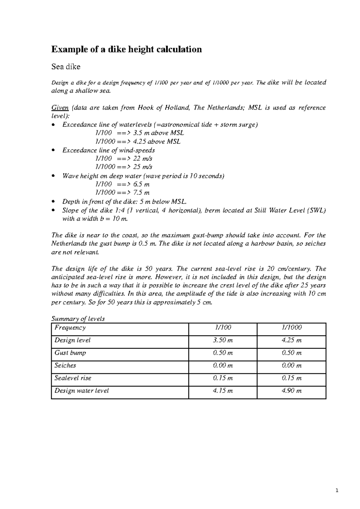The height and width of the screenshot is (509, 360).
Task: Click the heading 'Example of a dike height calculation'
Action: point(126,49)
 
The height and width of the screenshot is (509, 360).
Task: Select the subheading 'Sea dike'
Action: point(66,67)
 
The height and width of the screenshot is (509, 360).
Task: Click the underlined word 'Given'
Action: point(60,108)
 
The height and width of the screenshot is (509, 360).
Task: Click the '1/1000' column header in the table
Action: point(291,328)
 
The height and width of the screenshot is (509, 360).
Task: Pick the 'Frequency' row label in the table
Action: point(70,328)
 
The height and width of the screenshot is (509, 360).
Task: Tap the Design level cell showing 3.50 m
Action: point(223,340)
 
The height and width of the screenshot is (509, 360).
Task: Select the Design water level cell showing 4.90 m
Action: point(292,391)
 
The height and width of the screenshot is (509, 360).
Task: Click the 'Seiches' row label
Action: point(65,365)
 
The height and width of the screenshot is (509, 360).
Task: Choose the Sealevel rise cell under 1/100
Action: point(223,378)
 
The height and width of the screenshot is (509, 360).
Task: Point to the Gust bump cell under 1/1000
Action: point(292,353)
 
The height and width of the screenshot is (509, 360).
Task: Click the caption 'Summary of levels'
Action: point(78,319)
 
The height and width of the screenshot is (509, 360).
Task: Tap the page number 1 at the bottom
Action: point(337,491)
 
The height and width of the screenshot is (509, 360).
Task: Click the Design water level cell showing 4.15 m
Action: point(223,391)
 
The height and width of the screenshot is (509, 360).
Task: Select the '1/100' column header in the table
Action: point(223,328)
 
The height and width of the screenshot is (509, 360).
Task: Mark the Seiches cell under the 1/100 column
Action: point(223,365)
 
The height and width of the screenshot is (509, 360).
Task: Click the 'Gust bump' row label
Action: point(70,353)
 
